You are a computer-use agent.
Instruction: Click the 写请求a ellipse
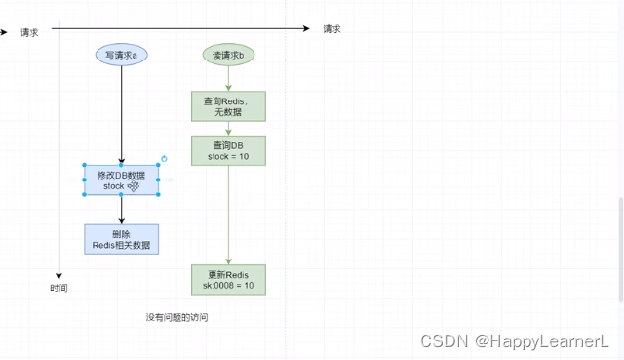click(x=121, y=56)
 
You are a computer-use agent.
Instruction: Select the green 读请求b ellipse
click(x=228, y=56)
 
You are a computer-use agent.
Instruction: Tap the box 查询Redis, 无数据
click(x=228, y=106)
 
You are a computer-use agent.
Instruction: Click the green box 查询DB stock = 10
click(x=228, y=149)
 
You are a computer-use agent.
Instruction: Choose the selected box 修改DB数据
click(x=121, y=180)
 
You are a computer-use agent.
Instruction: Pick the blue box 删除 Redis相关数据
click(x=121, y=239)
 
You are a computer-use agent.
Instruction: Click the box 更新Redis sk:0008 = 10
click(x=228, y=280)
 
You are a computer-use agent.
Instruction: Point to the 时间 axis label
click(x=58, y=289)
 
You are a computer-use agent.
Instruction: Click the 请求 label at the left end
click(x=29, y=32)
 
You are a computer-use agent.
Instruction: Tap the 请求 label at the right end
click(x=331, y=29)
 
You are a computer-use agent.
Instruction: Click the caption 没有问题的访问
click(x=176, y=318)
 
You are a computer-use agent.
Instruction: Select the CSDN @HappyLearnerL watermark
click(x=515, y=341)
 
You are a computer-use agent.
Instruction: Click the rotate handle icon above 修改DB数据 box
click(x=163, y=158)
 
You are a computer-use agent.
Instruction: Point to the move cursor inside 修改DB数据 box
click(x=133, y=185)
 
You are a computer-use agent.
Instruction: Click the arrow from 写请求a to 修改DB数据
click(x=121, y=112)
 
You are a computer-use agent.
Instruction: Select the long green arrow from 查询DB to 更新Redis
click(x=228, y=215)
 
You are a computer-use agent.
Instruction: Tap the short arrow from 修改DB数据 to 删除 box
click(x=121, y=209)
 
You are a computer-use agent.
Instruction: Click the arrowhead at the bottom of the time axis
click(x=58, y=275)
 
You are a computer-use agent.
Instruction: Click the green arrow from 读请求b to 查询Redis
click(x=228, y=78)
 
